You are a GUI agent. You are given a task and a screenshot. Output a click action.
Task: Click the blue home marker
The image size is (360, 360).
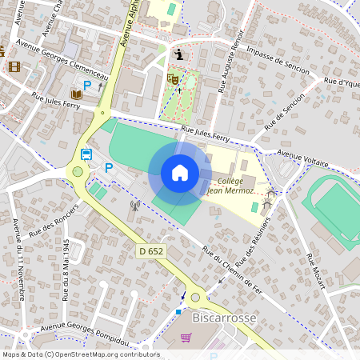tap(180, 172)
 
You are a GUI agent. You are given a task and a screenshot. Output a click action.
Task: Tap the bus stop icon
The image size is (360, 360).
tap(86, 154)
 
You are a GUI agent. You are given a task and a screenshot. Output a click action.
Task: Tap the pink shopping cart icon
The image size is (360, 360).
tap(186, 338)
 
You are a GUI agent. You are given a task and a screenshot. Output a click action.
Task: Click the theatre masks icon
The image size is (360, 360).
tap(171, 78)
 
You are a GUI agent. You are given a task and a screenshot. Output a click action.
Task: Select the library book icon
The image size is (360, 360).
tap(76, 95)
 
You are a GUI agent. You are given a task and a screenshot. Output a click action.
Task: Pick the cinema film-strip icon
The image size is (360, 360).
tap(14, 66)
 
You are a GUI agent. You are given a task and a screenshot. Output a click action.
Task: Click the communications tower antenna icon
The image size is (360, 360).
tap(134, 205)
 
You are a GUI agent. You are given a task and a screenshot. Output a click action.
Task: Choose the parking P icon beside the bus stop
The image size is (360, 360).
tap(108, 167)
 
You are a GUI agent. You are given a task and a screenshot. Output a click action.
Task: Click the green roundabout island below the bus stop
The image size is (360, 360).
tap(78, 170)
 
